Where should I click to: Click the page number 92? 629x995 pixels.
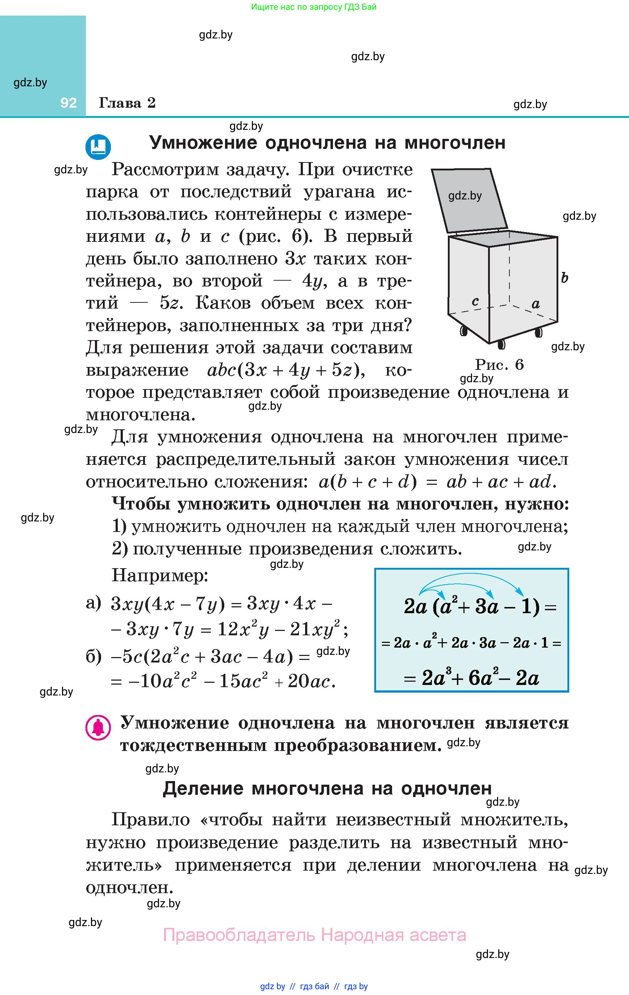click(68, 103)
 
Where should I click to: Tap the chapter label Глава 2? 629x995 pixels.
click(127, 103)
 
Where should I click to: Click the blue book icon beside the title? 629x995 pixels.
click(98, 146)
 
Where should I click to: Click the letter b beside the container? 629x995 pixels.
click(565, 278)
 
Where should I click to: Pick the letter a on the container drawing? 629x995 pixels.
click(536, 304)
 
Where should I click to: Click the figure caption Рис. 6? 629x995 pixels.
click(499, 364)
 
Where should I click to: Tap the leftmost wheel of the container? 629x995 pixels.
click(463, 331)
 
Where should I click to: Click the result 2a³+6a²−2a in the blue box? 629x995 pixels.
click(480, 678)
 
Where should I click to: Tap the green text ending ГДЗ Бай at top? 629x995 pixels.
click(313, 7)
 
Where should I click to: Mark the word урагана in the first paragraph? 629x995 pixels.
click(340, 192)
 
